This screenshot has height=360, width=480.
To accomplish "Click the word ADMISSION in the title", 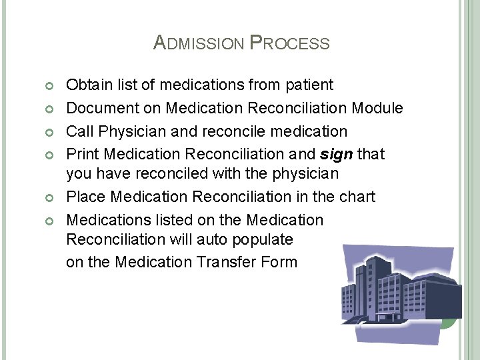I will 199,43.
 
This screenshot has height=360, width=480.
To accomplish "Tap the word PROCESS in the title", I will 289,43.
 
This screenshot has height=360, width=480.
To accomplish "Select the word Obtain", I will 89,85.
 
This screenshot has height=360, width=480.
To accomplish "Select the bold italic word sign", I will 337,154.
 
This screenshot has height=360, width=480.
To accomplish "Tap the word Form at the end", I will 280,262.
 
